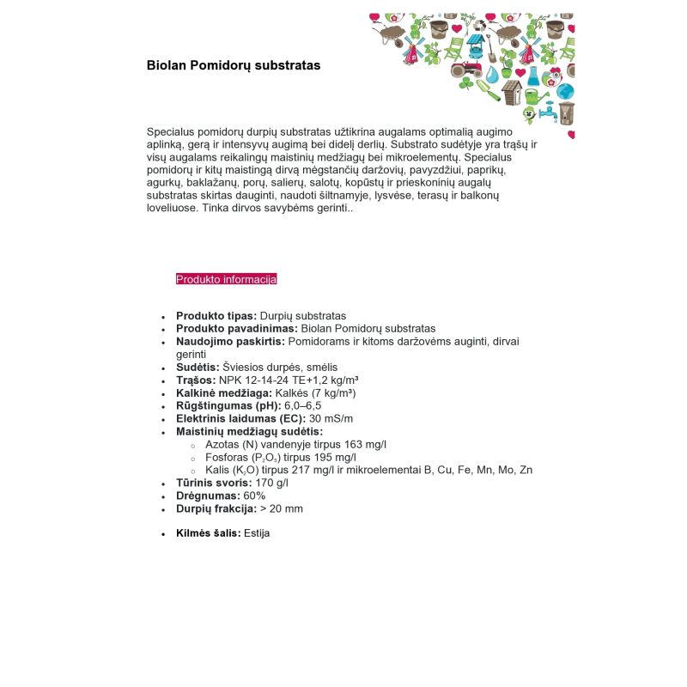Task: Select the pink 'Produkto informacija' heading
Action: [x=226, y=279]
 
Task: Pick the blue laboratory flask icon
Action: [x=532, y=75]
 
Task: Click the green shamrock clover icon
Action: [x=466, y=83]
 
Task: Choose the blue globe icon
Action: [x=565, y=91]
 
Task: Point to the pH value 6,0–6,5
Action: [x=303, y=405]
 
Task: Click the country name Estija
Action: [x=257, y=533]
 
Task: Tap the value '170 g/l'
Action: [x=271, y=483]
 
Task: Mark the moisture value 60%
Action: [x=254, y=495]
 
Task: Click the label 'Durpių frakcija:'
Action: [x=216, y=508]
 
